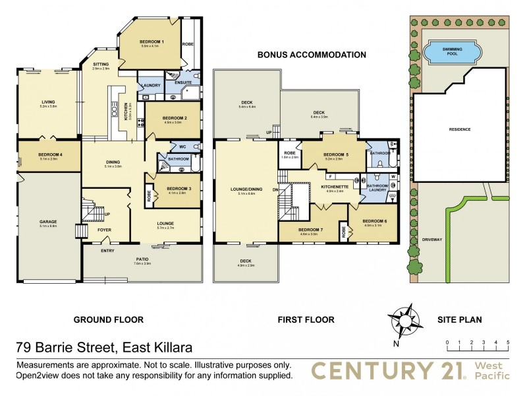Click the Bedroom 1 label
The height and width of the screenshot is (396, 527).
(152, 42)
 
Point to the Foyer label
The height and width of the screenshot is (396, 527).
(104, 230)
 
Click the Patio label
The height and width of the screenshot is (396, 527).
(142, 260)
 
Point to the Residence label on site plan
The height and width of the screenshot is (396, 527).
(460, 129)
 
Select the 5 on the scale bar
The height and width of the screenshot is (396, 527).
(507, 342)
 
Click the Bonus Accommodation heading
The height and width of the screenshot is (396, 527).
(311, 55)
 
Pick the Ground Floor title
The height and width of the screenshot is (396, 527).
(108, 319)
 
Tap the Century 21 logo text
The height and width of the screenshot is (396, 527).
(387, 370)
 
